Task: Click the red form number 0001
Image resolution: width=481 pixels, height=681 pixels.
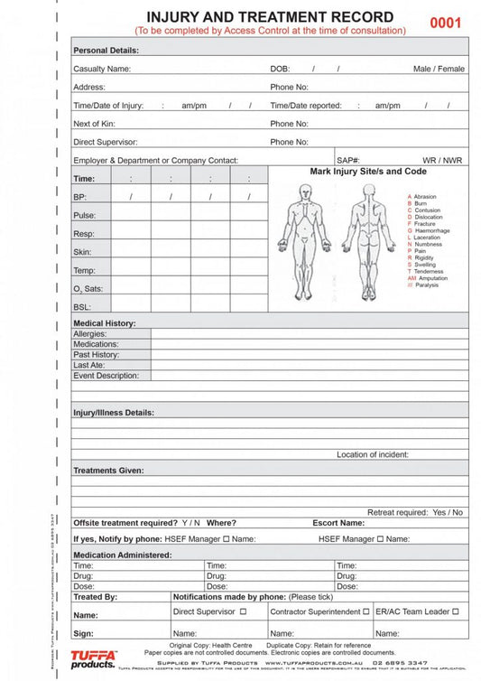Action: [x=445, y=23]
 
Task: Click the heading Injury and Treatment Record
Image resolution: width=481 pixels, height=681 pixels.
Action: [x=270, y=17]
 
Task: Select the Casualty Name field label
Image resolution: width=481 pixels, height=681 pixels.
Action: [x=102, y=69]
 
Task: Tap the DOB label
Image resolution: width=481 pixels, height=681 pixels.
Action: [x=280, y=69]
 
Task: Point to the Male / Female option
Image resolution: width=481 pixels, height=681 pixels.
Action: [x=439, y=69]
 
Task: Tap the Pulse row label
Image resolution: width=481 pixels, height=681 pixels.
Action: [x=84, y=215]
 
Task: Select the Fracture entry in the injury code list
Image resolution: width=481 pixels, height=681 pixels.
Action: [x=423, y=224]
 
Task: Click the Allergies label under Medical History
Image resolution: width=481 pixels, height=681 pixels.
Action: [x=90, y=334]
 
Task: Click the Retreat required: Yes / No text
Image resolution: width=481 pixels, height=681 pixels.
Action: [x=415, y=512]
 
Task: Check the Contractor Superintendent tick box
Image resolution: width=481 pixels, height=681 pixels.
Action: [x=365, y=611]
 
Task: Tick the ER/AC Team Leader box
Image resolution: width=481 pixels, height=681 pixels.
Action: [x=456, y=611]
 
